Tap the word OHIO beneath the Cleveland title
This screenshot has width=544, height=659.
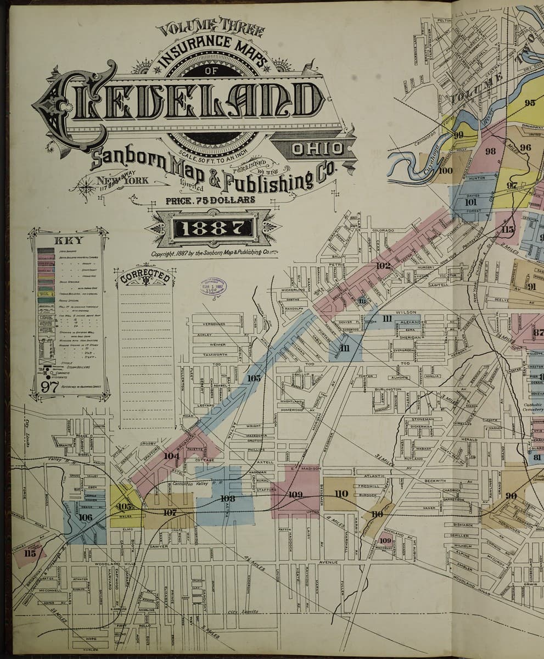pyautogui.click(x=318, y=148)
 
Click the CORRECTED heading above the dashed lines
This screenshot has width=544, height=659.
pyautogui.click(x=145, y=276)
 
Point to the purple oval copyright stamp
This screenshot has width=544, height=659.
pyautogui.click(x=212, y=288)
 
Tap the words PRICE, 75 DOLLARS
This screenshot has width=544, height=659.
pyautogui.click(x=210, y=200)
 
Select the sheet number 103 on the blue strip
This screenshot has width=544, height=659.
pyautogui.click(x=254, y=378)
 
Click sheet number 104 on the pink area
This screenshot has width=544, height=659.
pyautogui.click(x=171, y=456)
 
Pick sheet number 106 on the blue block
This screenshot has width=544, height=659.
pyautogui.click(x=85, y=517)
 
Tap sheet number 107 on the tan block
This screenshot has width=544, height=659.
pyautogui.click(x=170, y=512)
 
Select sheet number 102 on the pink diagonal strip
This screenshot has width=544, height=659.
pyautogui.click(x=383, y=266)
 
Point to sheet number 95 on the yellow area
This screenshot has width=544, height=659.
pyautogui.click(x=529, y=103)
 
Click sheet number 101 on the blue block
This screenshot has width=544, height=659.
pyautogui.click(x=470, y=202)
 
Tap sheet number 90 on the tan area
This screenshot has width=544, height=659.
pyautogui.click(x=511, y=496)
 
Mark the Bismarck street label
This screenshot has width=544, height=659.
pyautogui.click(x=462, y=525)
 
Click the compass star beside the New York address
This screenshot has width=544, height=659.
pyautogui.click(x=87, y=186)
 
